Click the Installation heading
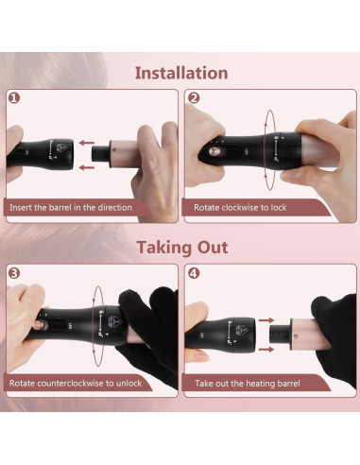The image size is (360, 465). tap(181, 73)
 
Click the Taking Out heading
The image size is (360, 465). tap(182, 248)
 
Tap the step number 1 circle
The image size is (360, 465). tap(14, 98)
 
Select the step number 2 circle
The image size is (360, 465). tap(194, 98)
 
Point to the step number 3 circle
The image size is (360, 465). tap(14, 273)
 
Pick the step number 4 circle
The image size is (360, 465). tap(194, 273)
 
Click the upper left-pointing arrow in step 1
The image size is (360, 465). tap(87, 143)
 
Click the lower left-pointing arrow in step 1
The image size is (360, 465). tap(87, 167)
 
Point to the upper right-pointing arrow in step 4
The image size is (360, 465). tap(266, 320)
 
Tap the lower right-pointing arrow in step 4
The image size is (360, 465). tap(266, 349)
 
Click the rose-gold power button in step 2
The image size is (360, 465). tap(214, 151)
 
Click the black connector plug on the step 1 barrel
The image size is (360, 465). tap(101, 154)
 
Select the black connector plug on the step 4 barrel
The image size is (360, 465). tap(280, 335)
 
